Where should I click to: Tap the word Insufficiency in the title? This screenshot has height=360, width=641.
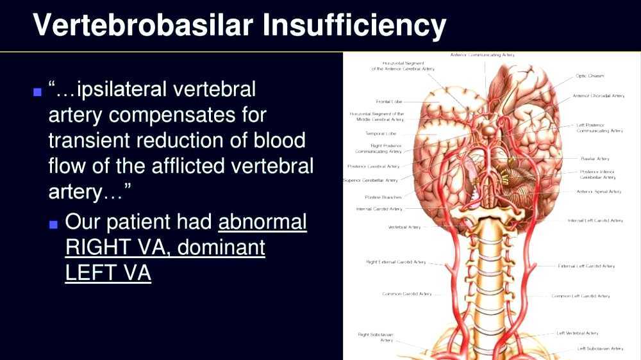point(354,25)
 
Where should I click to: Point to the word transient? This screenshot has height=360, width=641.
point(90,140)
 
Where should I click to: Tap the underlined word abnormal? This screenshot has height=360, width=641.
point(263,222)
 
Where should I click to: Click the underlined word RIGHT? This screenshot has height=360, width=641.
point(95,247)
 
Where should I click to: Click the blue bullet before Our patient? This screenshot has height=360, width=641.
point(54,224)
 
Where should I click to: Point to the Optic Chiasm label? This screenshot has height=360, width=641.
point(590,76)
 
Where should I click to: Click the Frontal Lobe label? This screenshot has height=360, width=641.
point(388,101)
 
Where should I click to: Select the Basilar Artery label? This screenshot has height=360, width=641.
point(595,158)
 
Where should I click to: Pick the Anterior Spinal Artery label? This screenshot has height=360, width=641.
point(599,192)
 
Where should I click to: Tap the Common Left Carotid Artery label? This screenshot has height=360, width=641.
point(581,296)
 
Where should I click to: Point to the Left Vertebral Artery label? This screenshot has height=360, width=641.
point(578,333)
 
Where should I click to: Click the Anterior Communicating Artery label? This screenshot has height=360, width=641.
point(482,55)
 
